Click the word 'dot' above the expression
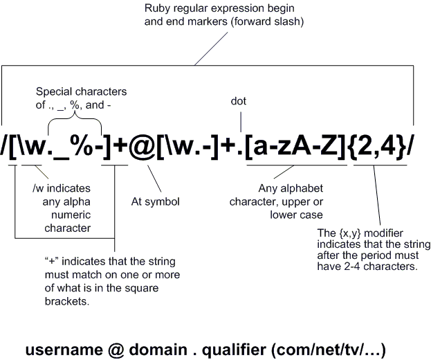238,102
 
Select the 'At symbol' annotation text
156,202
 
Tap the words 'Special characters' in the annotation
82,92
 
